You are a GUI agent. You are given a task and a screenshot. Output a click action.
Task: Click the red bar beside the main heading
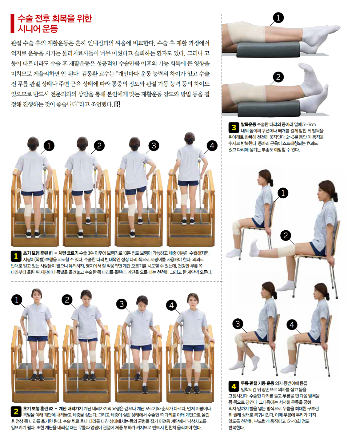[x=12, y=23]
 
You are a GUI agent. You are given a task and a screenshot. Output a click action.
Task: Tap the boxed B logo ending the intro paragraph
[x=117, y=104]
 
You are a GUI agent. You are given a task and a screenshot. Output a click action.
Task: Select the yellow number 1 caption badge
[x=16, y=256]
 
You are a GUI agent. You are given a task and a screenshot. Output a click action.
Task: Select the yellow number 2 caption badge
[x=16, y=411]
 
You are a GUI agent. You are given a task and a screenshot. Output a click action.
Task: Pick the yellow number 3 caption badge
[x=234, y=128]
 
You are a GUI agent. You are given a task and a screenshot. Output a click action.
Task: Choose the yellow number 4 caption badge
[x=234, y=386]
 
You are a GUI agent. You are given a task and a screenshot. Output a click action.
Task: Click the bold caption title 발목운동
[x=248, y=124]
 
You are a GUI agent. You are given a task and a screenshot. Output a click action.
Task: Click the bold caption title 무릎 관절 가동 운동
[x=258, y=383]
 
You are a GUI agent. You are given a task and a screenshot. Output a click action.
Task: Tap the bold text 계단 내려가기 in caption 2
[x=71, y=409]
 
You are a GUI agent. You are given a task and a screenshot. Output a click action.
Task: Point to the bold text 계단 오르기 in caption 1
[x=68, y=253]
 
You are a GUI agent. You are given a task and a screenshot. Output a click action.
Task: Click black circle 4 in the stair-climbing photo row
[x=212, y=146]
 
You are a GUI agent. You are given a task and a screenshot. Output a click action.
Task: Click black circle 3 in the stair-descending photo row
[x=122, y=304]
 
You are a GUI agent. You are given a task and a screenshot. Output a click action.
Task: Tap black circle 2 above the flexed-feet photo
[x=278, y=77]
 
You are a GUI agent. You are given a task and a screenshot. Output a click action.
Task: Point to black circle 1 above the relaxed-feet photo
[x=278, y=18]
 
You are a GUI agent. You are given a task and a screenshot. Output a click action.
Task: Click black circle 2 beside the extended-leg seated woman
[x=286, y=236]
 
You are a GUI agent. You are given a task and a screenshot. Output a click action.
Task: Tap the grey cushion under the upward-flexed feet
[x=269, y=109]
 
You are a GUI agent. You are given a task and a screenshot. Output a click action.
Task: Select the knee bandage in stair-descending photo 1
[x=42, y=356]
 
